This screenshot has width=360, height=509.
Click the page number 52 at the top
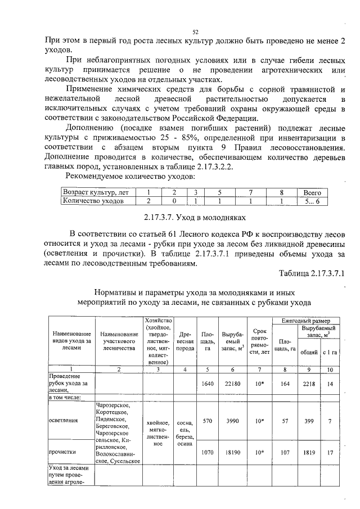tap(195, 33)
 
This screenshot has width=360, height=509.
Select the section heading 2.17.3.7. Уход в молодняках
tap(192, 217)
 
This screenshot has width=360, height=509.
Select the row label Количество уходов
tap(93, 200)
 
